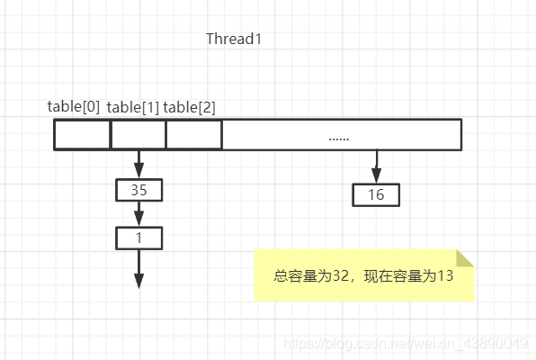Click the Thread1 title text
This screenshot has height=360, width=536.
(234, 39)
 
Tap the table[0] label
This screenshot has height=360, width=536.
(75, 107)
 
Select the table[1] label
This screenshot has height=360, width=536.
(133, 107)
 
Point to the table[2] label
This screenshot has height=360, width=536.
(189, 107)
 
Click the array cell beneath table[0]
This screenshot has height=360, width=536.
(82, 134)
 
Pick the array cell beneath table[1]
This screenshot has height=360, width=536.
(138, 134)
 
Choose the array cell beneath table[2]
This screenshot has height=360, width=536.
(193, 134)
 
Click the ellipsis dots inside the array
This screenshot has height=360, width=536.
(339, 138)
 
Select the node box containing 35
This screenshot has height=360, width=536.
(138, 190)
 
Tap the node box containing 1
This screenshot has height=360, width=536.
(138, 238)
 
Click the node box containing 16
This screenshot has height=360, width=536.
(376, 194)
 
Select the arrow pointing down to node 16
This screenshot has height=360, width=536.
(376, 166)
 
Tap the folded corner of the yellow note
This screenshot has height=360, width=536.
(465, 258)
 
